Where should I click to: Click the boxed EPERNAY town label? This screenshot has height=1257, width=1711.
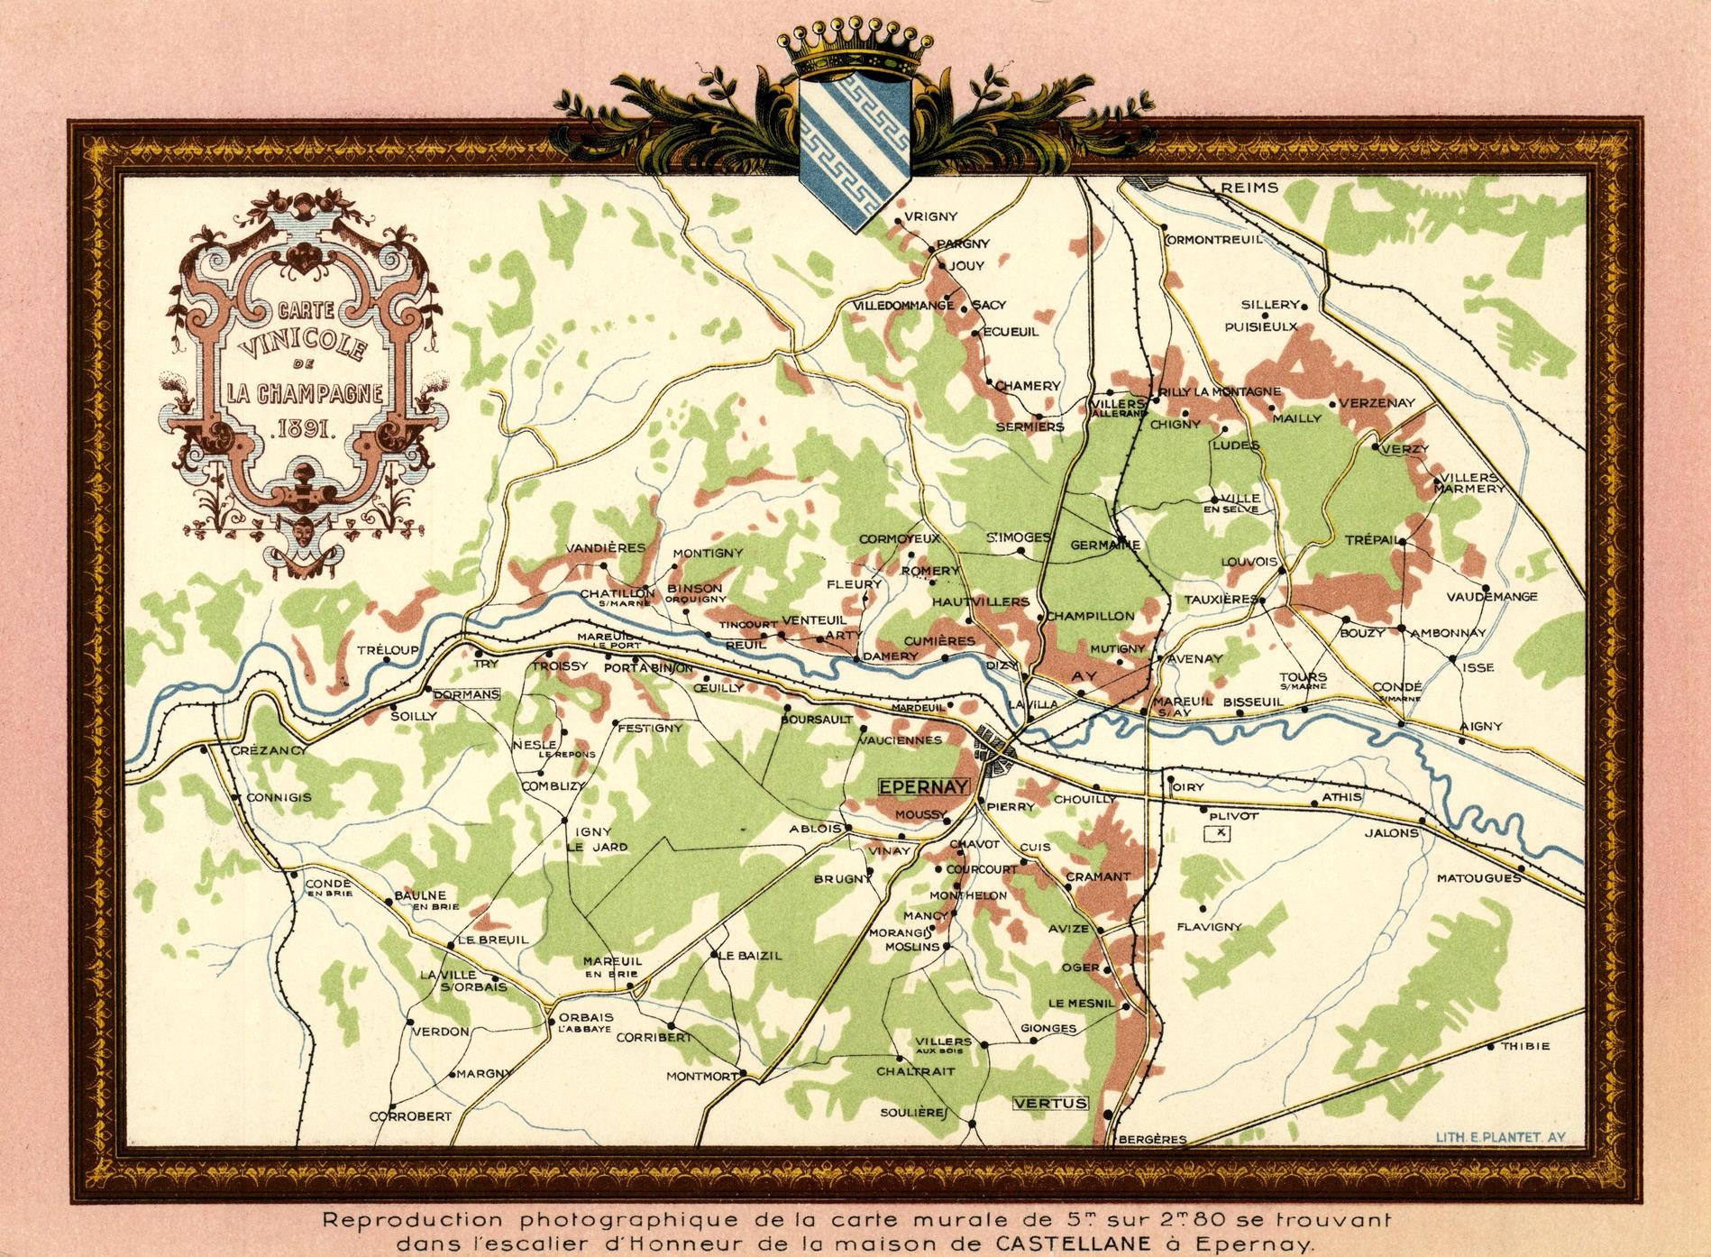[923, 786]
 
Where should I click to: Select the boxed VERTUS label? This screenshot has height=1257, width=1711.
[1050, 1103]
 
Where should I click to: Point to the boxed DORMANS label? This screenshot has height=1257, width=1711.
[465, 694]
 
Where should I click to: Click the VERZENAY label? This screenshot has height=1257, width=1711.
[1377, 403]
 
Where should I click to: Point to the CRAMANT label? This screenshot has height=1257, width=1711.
[1097, 876]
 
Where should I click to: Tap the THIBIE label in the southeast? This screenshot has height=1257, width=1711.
[1525, 1047]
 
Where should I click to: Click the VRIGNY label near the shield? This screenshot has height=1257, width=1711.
[929, 216]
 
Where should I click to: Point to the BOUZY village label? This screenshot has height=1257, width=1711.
[1361, 632]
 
